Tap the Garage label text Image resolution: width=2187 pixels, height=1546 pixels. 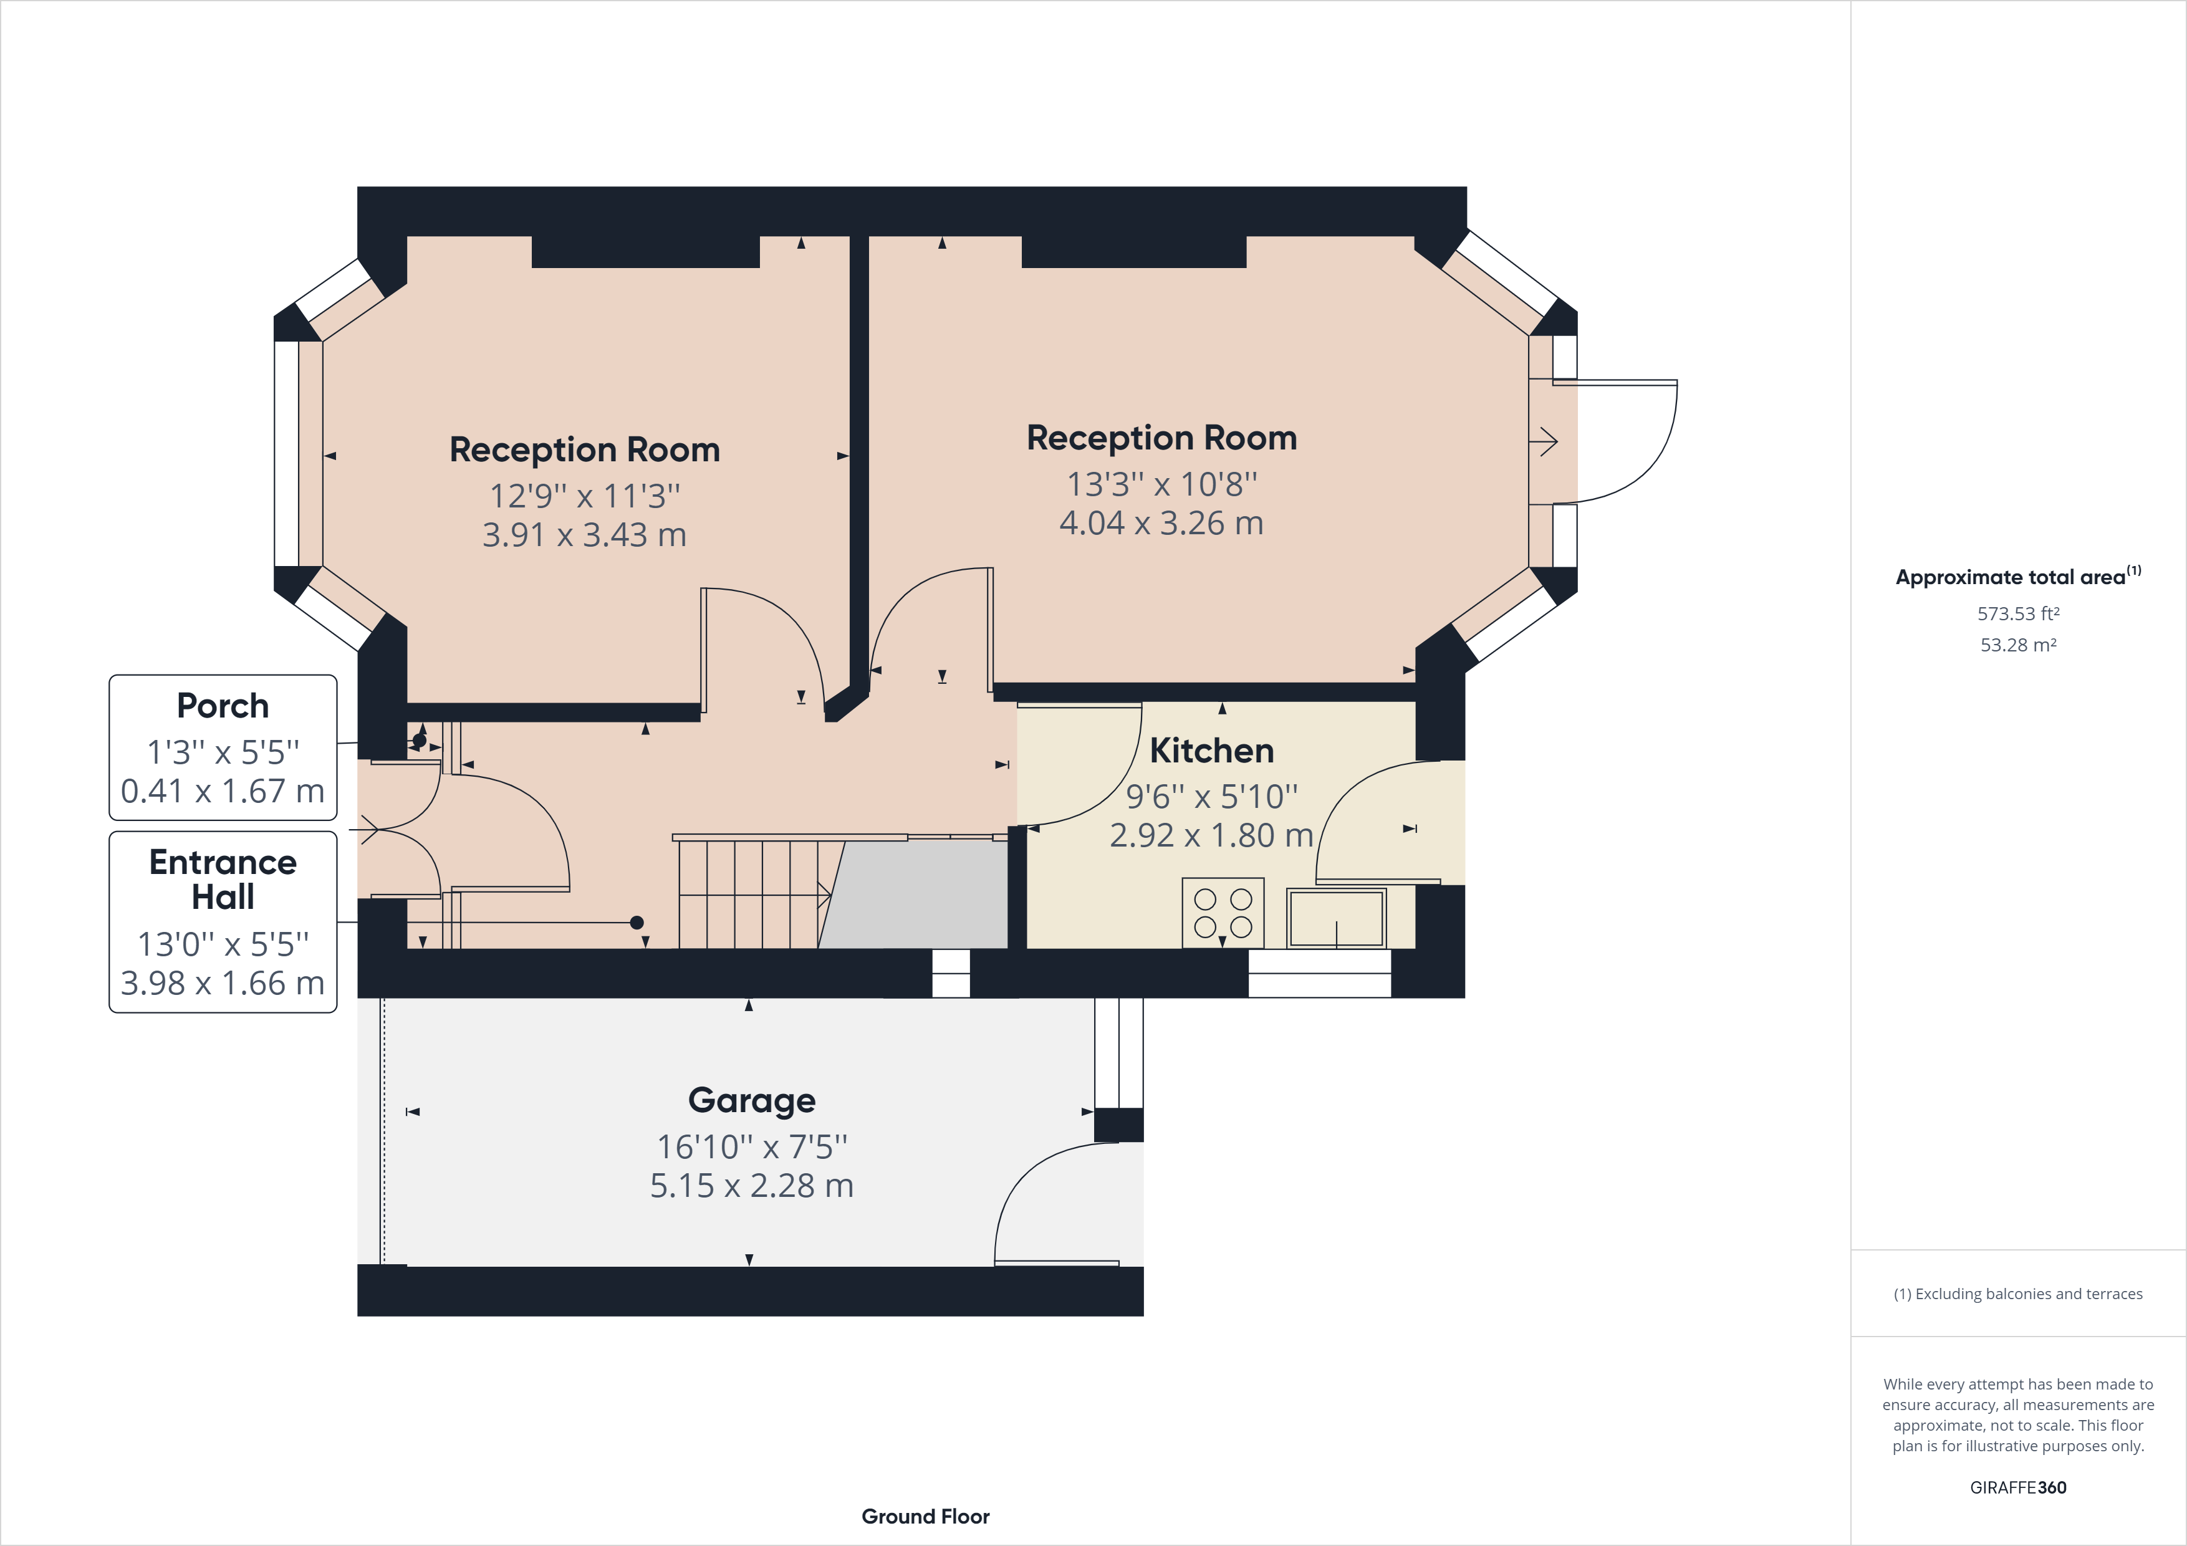pos(751,1100)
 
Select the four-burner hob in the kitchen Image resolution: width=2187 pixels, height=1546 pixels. pos(1223,913)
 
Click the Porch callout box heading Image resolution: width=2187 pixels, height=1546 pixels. pos(223,706)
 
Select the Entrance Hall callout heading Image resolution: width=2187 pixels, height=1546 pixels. pos(223,879)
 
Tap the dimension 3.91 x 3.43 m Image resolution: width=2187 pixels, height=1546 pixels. pos(584,535)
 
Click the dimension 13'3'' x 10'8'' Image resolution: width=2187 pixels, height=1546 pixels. pos(1161,485)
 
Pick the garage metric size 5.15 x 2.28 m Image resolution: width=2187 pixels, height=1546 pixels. pos(751,1186)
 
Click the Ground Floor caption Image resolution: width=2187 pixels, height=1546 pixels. pos(925,1517)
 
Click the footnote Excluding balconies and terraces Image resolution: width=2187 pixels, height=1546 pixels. pos(2017,1294)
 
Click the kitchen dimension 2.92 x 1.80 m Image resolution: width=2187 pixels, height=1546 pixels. pos(1211,835)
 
